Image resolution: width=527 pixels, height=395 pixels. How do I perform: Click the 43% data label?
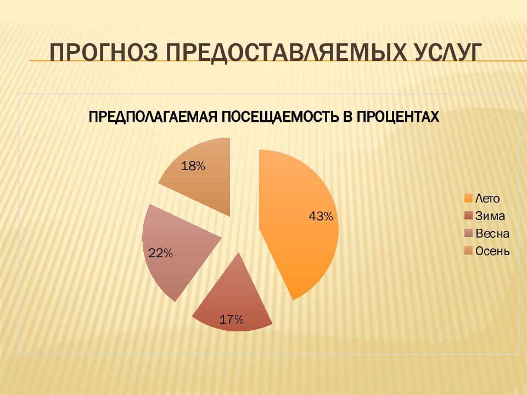point(321,217)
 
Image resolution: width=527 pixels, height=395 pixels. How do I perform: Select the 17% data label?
point(231,320)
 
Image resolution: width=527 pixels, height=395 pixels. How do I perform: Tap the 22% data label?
point(161,253)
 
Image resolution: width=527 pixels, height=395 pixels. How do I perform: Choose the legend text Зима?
point(490,217)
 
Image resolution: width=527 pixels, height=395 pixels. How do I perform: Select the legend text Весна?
point(492,234)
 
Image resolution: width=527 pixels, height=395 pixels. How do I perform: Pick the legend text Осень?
point(492,252)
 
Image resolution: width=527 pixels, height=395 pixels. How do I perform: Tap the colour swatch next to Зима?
point(468,217)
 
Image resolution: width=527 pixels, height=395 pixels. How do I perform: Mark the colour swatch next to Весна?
point(468,234)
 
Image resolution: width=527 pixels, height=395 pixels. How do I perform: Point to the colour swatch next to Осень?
point(468,252)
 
